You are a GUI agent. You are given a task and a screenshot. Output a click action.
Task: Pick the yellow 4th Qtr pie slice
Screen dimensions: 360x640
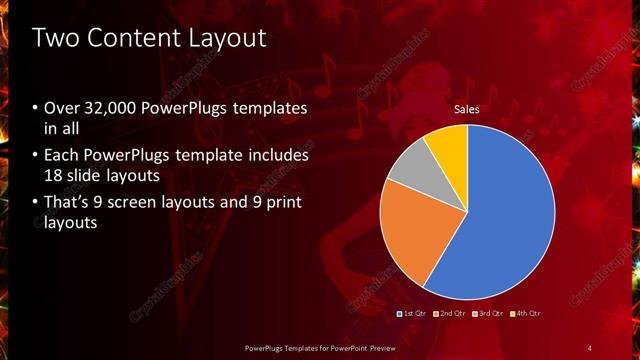pyautogui.click(x=447, y=148)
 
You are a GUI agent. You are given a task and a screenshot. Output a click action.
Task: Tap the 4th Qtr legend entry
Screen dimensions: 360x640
pyautogui.click(x=526, y=313)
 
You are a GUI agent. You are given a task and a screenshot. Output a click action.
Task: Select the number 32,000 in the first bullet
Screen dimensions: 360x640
pyautogui.click(x=111, y=108)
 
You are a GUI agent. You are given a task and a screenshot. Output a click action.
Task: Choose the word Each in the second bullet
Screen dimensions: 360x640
pyautogui.click(x=62, y=156)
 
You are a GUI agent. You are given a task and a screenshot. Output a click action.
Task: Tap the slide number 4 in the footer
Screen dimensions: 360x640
pyautogui.click(x=590, y=347)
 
